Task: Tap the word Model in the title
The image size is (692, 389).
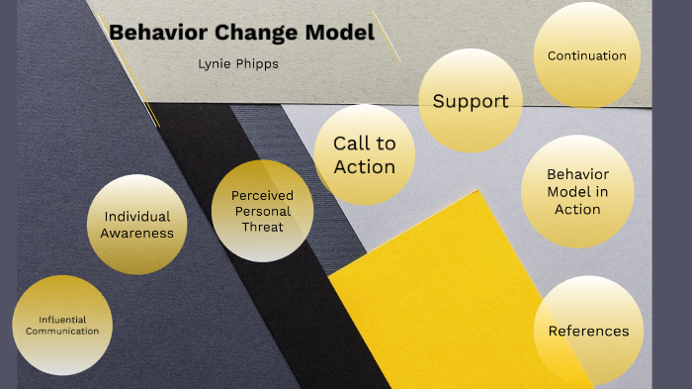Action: click(x=338, y=33)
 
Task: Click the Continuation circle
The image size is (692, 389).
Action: click(x=587, y=56)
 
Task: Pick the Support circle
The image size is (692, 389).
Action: click(x=471, y=101)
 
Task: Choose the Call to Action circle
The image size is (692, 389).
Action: click(x=365, y=154)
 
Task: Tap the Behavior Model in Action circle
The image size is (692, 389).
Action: click(x=577, y=191)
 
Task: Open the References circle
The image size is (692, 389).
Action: click(x=588, y=331)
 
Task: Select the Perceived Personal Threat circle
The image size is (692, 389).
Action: click(x=262, y=210)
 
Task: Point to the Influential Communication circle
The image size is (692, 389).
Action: click(x=62, y=325)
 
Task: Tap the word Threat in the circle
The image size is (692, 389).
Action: click(x=262, y=227)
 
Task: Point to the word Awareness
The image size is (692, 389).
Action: click(x=137, y=234)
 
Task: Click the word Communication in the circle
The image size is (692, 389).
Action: click(x=62, y=331)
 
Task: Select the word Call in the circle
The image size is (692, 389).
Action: click(x=351, y=144)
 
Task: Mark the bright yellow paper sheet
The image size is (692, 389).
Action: click(x=445, y=287)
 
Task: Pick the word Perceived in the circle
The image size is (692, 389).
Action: click(x=262, y=195)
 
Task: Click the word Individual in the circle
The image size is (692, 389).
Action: click(x=137, y=217)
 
